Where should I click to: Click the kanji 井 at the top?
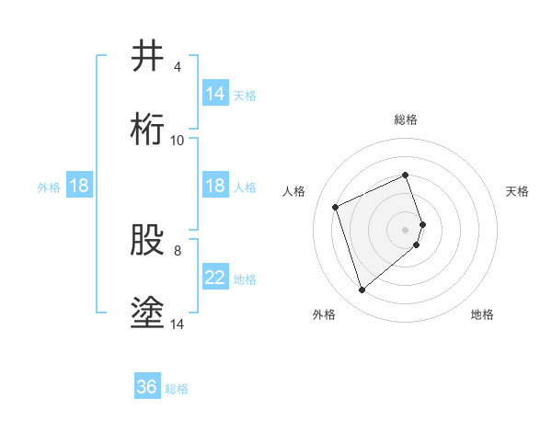tap(147, 57)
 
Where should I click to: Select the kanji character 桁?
tap(147, 130)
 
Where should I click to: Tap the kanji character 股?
tap(147, 241)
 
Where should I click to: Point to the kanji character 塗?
tap(147, 313)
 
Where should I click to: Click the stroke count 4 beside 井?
tap(177, 67)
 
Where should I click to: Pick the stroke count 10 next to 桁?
tap(178, 140)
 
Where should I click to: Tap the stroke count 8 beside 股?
tap(177, 250)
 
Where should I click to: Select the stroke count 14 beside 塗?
tap(178, 324)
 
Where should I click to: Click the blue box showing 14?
tap(215, 94)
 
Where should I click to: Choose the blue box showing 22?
tap(215, 278)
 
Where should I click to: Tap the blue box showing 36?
tap(147, 387)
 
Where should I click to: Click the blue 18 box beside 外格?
tap(79, 186)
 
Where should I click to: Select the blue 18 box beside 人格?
tap(215, 186)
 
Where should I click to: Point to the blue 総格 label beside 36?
tap(178, 389)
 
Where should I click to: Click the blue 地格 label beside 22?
tap(246, 279)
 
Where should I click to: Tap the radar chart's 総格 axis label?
tap(406, 119)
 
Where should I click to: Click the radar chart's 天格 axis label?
tap(518, 191)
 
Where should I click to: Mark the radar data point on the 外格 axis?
tap(362, 290)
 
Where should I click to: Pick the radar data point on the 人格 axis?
tap(337, 206)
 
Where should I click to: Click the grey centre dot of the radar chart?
tap(406, 229)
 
